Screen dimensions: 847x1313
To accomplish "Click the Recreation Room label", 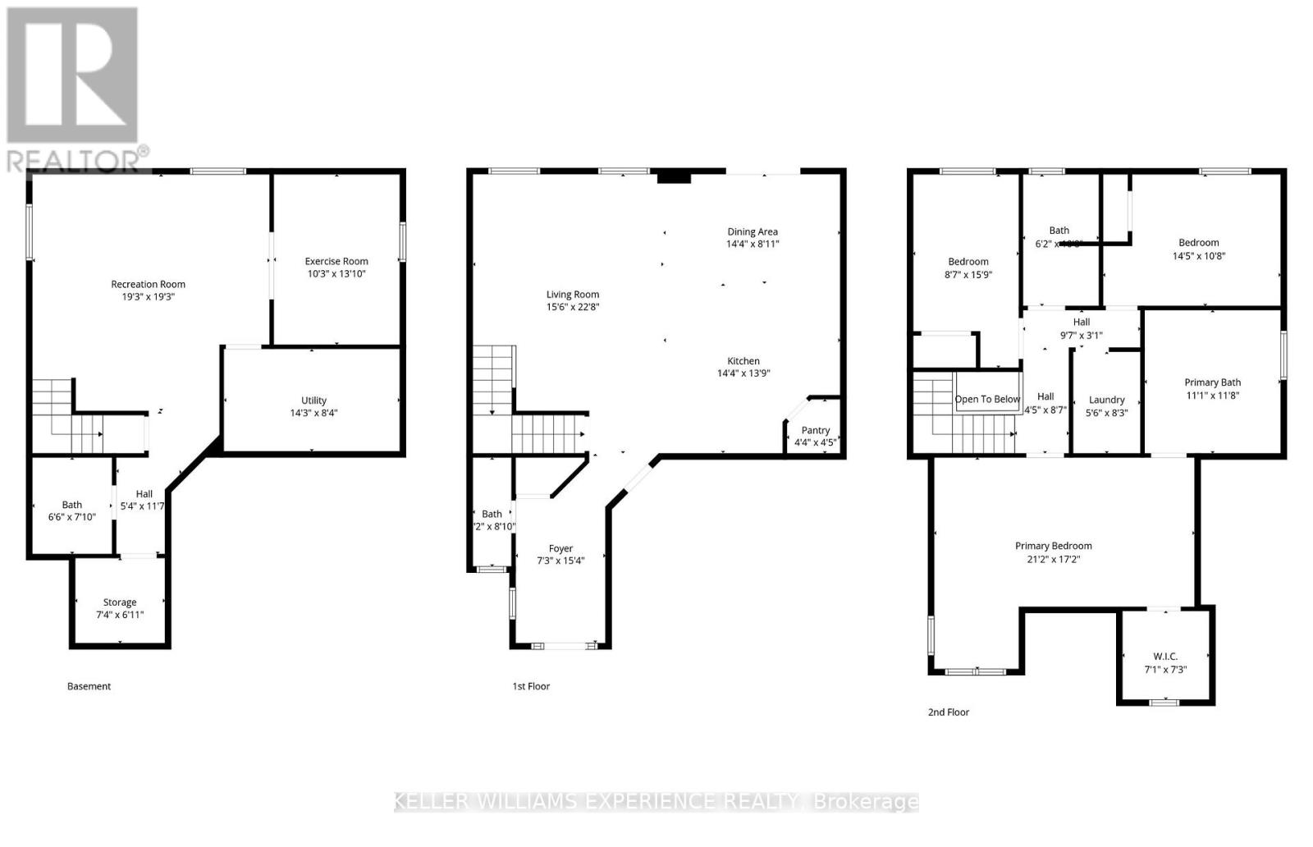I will pyautogui.click(x=149, y=284).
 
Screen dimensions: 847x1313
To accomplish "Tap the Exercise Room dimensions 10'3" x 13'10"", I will pyautogui.click(x=336, y=274).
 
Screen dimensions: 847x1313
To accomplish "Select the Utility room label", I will pyautogui.click(x=313, y=401).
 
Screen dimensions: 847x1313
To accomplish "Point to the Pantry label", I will pyautogui.click(x=816, y=430).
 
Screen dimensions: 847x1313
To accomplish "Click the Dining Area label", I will pyautogui.click(x=753, y=231).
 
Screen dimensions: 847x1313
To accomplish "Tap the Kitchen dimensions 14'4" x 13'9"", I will pyautogui.click(x=743, y=373).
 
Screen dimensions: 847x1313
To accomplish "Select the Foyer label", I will pyautogui.click(x=561, y=548).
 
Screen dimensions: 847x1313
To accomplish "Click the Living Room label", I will pyautogui.click(x=573, y=294).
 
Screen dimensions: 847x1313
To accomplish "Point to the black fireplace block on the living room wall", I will pyautogui.click(x=675, y=176).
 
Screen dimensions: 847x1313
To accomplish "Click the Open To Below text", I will pyautogui.click(x=987, y=400).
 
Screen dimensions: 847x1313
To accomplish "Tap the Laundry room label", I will pyautogui.click(x=1107, y=400).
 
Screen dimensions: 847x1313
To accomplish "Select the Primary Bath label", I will pyautogui.click(x=1212, y=382).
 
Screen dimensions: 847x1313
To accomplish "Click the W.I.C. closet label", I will pyautogui.click(x=1165, y=656).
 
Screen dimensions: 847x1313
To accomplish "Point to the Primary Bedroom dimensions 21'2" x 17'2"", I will pyautogui.click(x=1054, y=559).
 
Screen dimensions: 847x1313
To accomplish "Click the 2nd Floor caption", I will pyautogui.click(x=949, y=712).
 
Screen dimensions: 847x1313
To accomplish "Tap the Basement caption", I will pyautogui.click(x=89, y=686).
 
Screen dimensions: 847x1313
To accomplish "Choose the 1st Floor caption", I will pyautogui.click(x=531, y=686).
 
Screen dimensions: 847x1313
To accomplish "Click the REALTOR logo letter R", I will pyautogui.click(x=72, y=76).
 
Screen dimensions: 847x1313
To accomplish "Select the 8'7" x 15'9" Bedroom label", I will pyautogui.click(x=968, y=275).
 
